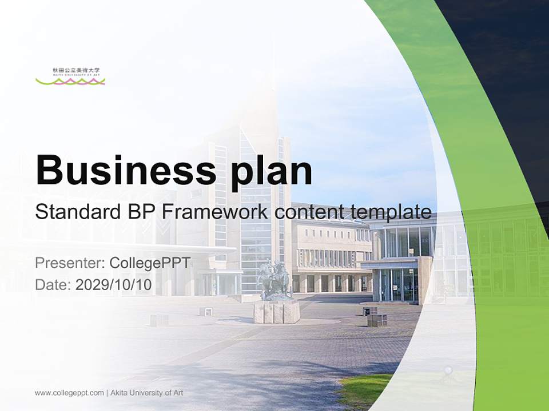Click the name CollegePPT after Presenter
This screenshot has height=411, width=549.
[150, 263]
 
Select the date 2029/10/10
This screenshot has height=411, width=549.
[114, 285]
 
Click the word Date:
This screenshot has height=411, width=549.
[53, 285]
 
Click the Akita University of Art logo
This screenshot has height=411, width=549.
[70, 76]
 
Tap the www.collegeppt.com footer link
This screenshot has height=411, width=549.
[69, 393]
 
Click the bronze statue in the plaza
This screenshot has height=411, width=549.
[273, 280]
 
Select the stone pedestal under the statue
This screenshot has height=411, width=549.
[277, 312]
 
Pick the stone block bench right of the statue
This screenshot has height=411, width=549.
[377, 320]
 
